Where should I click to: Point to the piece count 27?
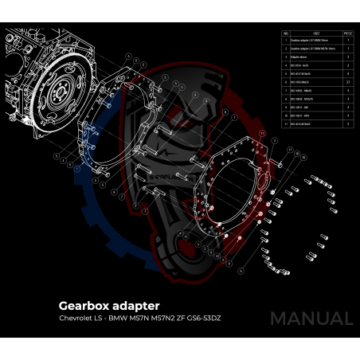(348, 81)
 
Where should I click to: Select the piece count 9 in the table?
(348, 73)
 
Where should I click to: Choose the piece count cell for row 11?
(348, 123)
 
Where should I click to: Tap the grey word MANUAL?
(311, 319)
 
